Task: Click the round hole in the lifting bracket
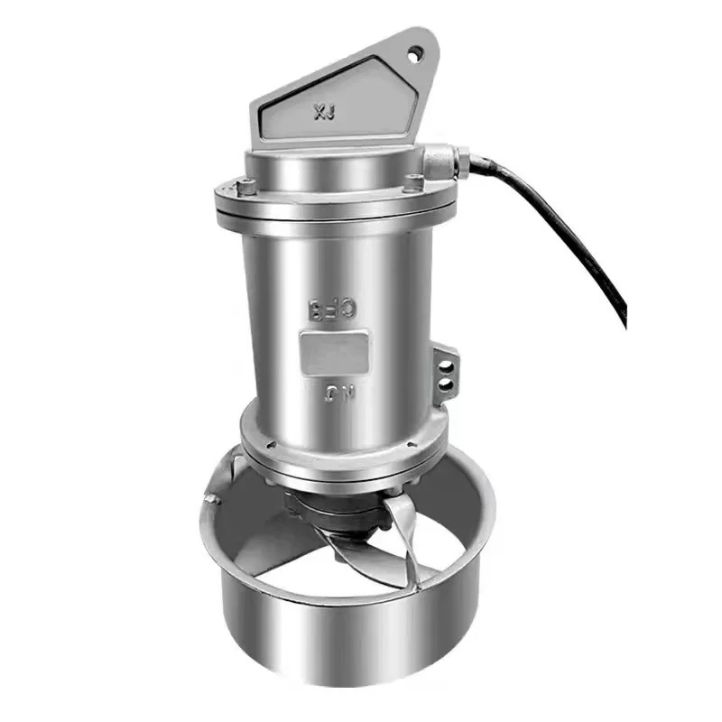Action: pos(416,55)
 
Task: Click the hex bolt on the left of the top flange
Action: pos(245,188)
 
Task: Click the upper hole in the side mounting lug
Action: pos(444,366)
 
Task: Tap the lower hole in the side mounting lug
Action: pos(445,385)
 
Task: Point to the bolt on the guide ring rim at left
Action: pos(213,497)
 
